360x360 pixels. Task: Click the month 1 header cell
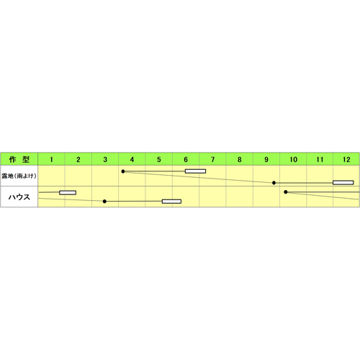[51, 159]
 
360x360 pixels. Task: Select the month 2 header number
[78, 159]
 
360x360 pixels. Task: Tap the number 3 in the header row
[105, 159]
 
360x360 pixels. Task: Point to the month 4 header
[132, 159]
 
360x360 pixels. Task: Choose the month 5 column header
[159, 159]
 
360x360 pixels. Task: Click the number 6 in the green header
[186, 159]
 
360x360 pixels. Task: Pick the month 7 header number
[212, 159]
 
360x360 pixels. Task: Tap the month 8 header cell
[240, 159]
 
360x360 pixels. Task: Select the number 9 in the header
[266, 159]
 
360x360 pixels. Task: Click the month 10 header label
[293, 159]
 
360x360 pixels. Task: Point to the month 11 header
[320, 159]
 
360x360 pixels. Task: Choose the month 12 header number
[346, 159]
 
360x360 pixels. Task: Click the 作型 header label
[19, 159]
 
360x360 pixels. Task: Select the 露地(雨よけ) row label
[19, 176]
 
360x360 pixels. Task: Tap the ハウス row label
[19, 197]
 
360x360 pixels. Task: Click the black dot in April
[123, 171]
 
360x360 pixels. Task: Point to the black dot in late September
[274, 183]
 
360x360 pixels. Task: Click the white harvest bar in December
[343, 183]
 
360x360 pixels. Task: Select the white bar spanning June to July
[195, 171]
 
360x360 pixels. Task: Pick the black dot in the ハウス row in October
[286, 192]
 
